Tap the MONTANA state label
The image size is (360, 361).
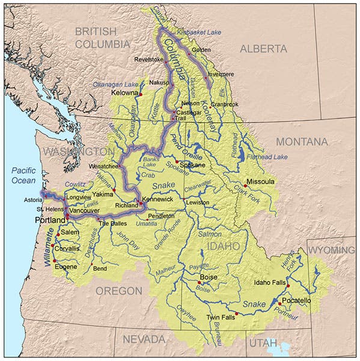click(302, 142)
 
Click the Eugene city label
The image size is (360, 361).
click(66, 267)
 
